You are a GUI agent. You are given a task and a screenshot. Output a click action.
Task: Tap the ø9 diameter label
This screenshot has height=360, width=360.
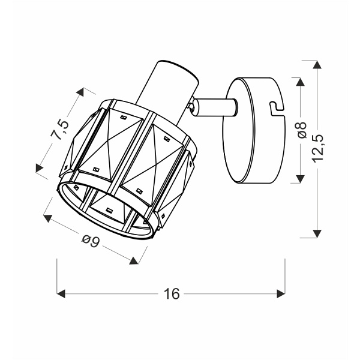[x=89, y=241]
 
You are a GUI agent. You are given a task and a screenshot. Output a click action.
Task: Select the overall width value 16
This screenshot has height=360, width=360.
[x=171, y=293]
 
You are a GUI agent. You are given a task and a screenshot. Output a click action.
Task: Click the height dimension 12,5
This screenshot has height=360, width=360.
[x=319, y=149]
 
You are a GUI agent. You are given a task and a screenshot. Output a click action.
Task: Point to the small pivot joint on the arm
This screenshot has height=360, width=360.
[x=191, y=106]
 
